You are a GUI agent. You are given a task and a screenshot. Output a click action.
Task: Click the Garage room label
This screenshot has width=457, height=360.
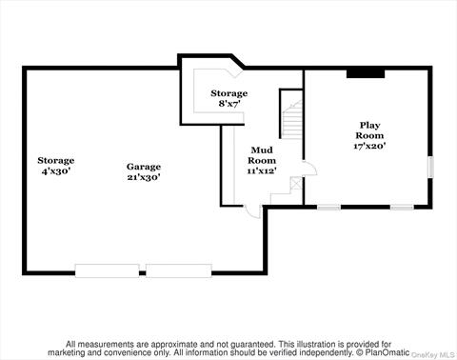click(x=144, y=166)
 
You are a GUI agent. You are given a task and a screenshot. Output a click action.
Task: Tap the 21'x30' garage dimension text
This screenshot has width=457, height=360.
click(x=144, y=177)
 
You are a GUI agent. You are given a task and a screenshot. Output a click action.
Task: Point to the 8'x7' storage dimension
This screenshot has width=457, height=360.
click(x=228, y=104)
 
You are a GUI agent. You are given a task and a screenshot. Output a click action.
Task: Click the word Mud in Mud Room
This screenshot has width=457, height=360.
click(x=262, y=150)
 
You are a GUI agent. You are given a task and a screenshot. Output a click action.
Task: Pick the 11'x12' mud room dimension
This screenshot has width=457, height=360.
click(x=262, y=171)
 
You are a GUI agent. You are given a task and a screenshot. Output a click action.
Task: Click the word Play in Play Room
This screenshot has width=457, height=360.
click(x=368, y=125)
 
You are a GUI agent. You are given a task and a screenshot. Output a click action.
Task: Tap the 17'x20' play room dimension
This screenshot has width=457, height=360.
click(x=368, y=147)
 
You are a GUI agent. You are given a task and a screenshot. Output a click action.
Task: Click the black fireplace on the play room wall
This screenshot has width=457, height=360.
click(x=365, y=71)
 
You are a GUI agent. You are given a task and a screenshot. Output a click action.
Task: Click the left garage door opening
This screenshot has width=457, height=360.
click(x=108, y=271)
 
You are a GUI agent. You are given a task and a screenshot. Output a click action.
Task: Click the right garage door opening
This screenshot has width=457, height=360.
click(x=179, y=271)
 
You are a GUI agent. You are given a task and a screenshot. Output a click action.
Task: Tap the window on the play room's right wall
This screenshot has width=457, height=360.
click(x=430, y=167)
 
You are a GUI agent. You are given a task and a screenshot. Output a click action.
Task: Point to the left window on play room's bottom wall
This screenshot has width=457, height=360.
click(x=328, y=207)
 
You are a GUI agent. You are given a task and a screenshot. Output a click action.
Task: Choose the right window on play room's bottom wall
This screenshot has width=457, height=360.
click(x=402, y=207)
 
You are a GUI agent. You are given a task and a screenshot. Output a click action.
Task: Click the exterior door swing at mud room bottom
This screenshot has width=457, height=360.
click(x=250, y=211)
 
